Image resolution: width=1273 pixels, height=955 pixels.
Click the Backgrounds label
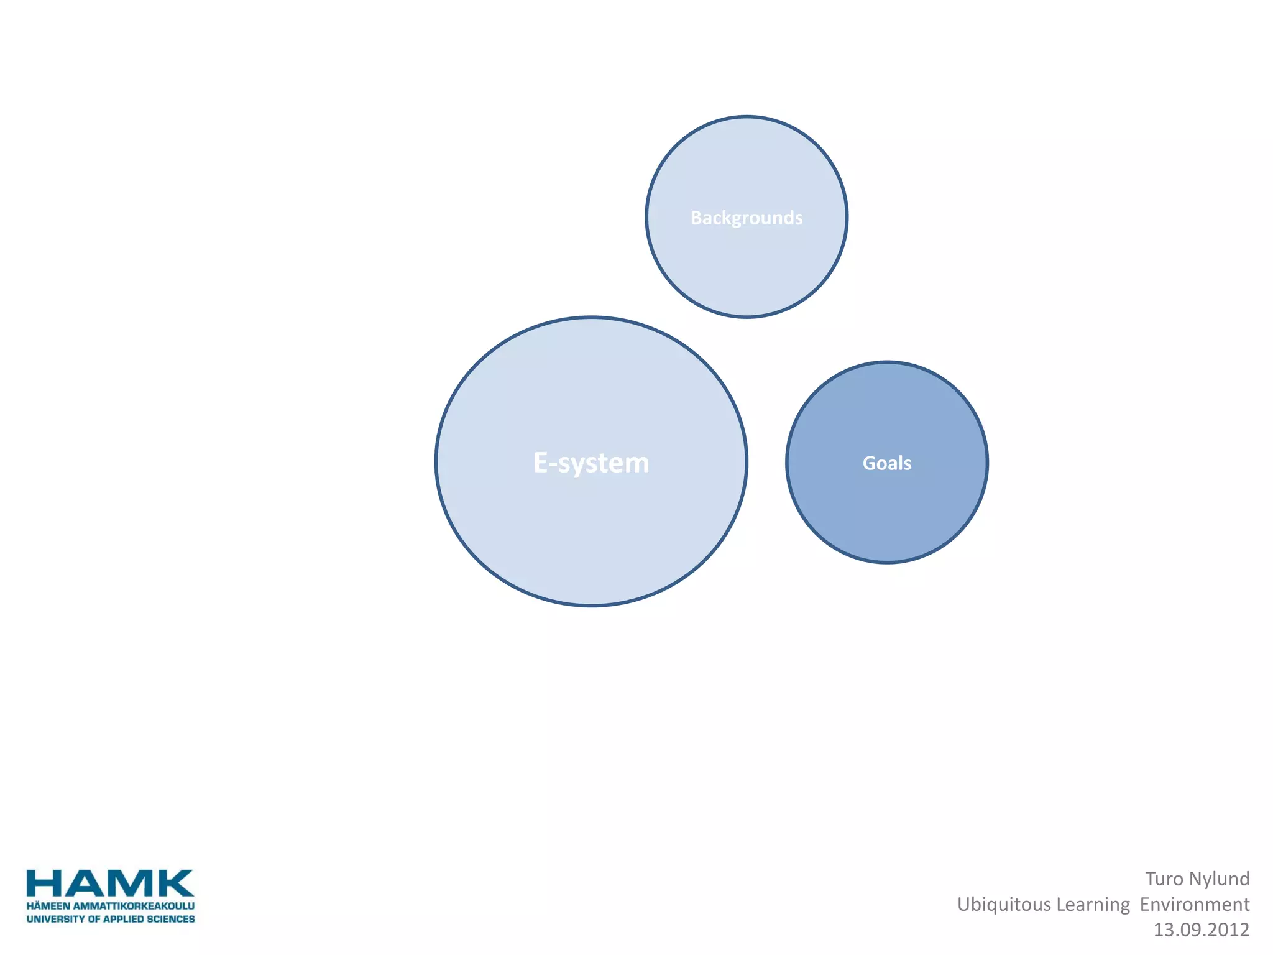747,218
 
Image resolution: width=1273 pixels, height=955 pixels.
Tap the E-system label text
591,463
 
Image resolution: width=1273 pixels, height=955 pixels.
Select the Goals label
887,463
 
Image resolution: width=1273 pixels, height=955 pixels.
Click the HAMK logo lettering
110,883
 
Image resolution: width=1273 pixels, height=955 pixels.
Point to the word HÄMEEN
48,906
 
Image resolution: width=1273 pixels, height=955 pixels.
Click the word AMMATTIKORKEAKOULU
134,906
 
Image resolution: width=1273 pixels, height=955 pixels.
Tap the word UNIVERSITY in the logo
55,919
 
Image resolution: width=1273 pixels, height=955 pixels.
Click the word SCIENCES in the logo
171,919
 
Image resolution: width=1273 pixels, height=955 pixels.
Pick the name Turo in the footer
1164,879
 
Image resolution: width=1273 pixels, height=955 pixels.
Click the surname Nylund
1219,879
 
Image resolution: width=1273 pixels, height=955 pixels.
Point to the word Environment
1195,904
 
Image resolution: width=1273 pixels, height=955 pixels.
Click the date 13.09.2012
1201,930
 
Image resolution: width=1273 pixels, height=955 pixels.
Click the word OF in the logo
94,919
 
